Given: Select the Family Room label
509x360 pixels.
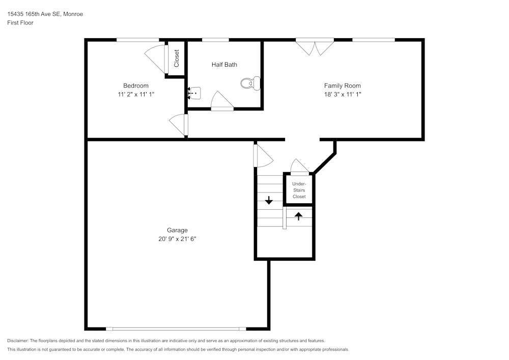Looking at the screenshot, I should (342, 86).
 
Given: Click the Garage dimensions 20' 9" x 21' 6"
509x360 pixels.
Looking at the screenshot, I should (177, 239).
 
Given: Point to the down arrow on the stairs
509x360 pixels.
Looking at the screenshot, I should (269, 201).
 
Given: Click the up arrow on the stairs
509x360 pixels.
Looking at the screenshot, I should (298, 215).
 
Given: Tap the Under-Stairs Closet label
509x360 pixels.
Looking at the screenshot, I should (299, 190).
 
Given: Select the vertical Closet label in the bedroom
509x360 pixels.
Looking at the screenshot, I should (177, 58).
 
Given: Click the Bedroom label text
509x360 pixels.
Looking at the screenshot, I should (136, 86).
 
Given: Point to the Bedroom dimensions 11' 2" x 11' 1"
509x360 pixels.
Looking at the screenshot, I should (136, 94).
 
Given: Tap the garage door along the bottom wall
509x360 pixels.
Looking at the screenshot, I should (176, 328).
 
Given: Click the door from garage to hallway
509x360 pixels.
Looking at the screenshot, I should (263, 156).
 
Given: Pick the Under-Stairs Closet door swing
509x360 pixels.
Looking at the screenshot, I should (299, 167).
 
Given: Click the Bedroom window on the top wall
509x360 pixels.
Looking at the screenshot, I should (137, 40).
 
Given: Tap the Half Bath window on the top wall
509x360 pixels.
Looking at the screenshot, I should (215, 40).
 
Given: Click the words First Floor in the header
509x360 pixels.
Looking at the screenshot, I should (20, 23).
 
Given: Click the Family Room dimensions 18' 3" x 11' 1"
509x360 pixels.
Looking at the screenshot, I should (342, 94).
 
